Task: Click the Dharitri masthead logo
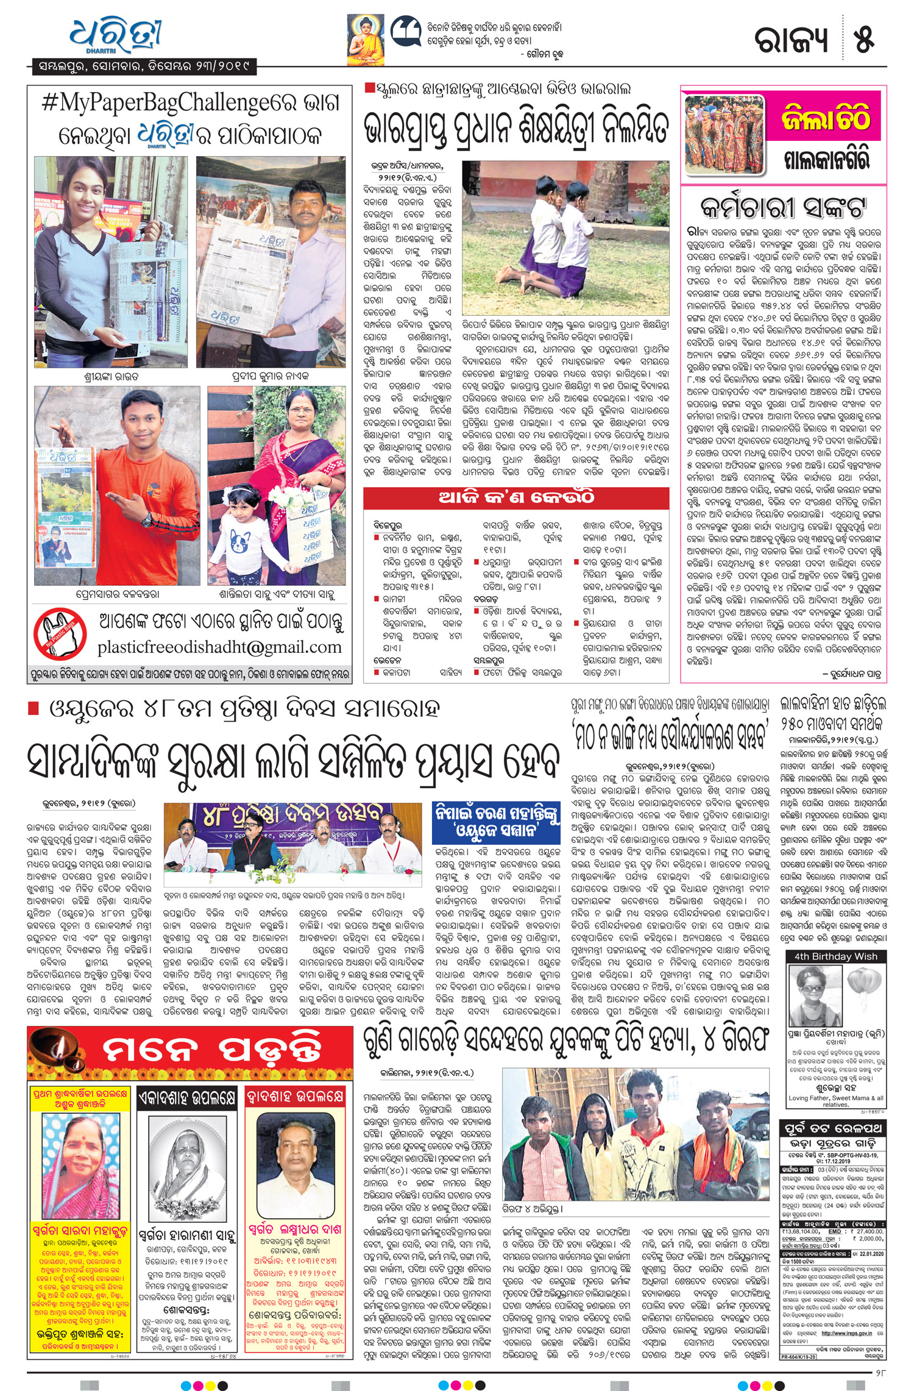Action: (x=116, y=35)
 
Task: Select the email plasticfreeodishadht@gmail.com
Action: (x=219, y=647)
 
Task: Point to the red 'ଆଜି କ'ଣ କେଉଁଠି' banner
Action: (x=515, y=498)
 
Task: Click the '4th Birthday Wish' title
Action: (x=835, y=956)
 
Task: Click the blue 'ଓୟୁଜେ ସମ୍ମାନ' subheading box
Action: (x=497, y=822)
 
